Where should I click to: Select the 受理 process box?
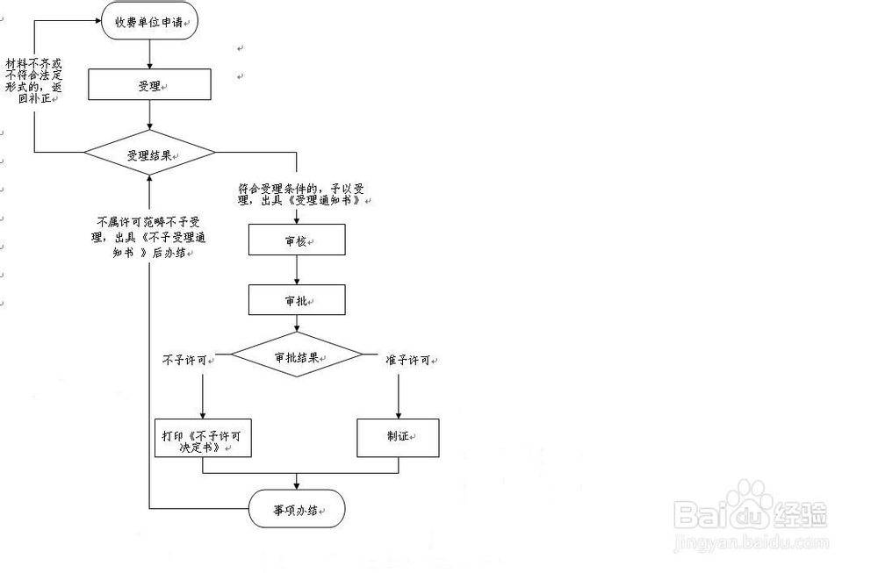click(x=150, y=85)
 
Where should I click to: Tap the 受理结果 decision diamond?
click(x=149, y=154)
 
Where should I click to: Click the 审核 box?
click(x=297, y=240)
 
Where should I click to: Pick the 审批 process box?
click(x=297, y=300)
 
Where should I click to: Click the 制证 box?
click(x=398, y=438)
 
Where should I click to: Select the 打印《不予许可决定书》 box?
click(x=203, y=439)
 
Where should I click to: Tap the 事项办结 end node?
click(x=297, y=509)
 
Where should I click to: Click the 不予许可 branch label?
click(x=184, y=359)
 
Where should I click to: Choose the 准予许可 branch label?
click(x=408, y=360)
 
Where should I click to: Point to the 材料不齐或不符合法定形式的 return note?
click(x=34, y=80)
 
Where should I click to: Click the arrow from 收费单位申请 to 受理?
click(x=150, y=54)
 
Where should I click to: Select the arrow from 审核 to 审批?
click(x=297, y=270)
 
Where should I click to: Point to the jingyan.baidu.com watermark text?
click(x=751, y=544)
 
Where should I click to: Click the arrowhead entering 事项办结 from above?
click(x=297, y=484)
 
